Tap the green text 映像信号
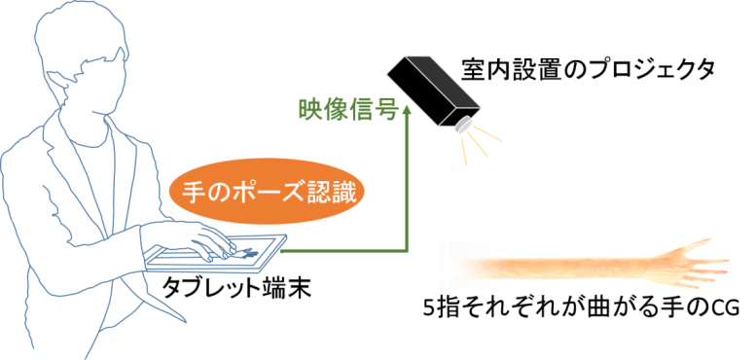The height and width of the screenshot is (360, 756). (346, 109)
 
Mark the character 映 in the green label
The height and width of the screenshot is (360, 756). (309, 109)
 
